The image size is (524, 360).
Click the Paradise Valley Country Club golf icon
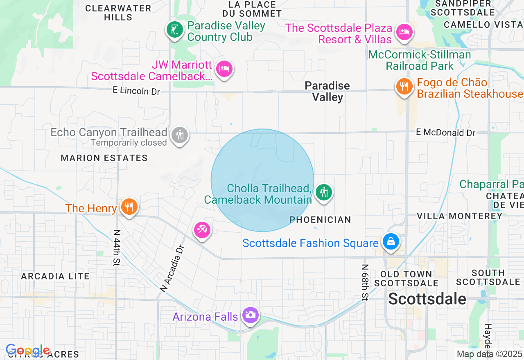(x=175, y=30)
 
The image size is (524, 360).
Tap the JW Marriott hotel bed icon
(x=224, y=68)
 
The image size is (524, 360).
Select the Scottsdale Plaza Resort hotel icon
(x=404, y=32)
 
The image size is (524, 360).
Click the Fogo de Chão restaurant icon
(x=404, y=86)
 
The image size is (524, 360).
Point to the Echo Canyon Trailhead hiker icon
(x=179, y=135)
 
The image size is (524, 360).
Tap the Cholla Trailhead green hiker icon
(x=324, y=192)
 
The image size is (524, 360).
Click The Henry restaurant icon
(x=129, y=206)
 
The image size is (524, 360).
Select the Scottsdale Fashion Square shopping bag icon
(x=391, y=241)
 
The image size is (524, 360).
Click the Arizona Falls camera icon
(x=250, y=315)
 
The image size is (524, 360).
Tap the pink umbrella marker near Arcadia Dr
(x=202, y=230)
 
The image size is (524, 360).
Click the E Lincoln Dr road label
(x=136, y=91)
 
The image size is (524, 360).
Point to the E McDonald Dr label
(x=445, y=133)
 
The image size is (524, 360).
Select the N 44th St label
(x=117, y=248)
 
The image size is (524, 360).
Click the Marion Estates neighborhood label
(x=104, y=158)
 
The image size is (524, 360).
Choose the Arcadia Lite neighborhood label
(x=55, y=277)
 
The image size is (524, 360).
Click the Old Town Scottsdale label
(x=406, y=279)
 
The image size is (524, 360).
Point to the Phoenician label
(x=320, y=220)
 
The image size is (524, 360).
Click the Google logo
(x=27, y=351)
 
